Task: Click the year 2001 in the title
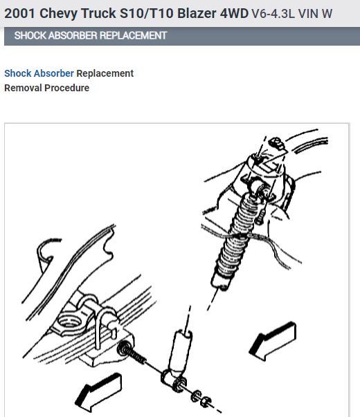20,13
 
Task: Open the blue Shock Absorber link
39,73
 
